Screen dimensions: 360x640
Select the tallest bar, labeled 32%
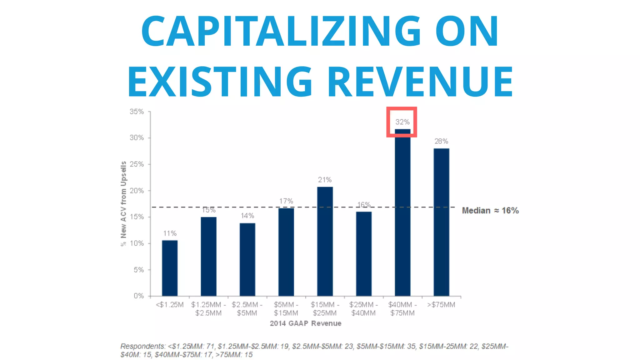click(x=402, y=212)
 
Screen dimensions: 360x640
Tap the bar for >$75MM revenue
click(x=441, y=222)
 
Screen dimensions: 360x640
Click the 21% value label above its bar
click(x=325, y=180)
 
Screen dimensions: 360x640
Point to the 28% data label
click(x=441, y=141)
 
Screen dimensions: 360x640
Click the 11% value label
click(x=170, y=233)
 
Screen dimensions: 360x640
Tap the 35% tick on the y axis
click(x=137, y=112)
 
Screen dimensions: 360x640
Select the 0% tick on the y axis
click(x=138, y=296)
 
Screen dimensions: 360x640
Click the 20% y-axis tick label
click(x=137, y=191)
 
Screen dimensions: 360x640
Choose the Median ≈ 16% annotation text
click(x=490, y=211)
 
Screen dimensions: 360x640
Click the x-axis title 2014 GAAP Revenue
click(x=305, y=323)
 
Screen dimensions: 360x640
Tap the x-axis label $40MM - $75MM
click(x=402, y=309)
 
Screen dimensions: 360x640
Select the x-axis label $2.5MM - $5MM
click(x=247, y=309)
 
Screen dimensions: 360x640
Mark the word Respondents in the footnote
click(x=142, y=346)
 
